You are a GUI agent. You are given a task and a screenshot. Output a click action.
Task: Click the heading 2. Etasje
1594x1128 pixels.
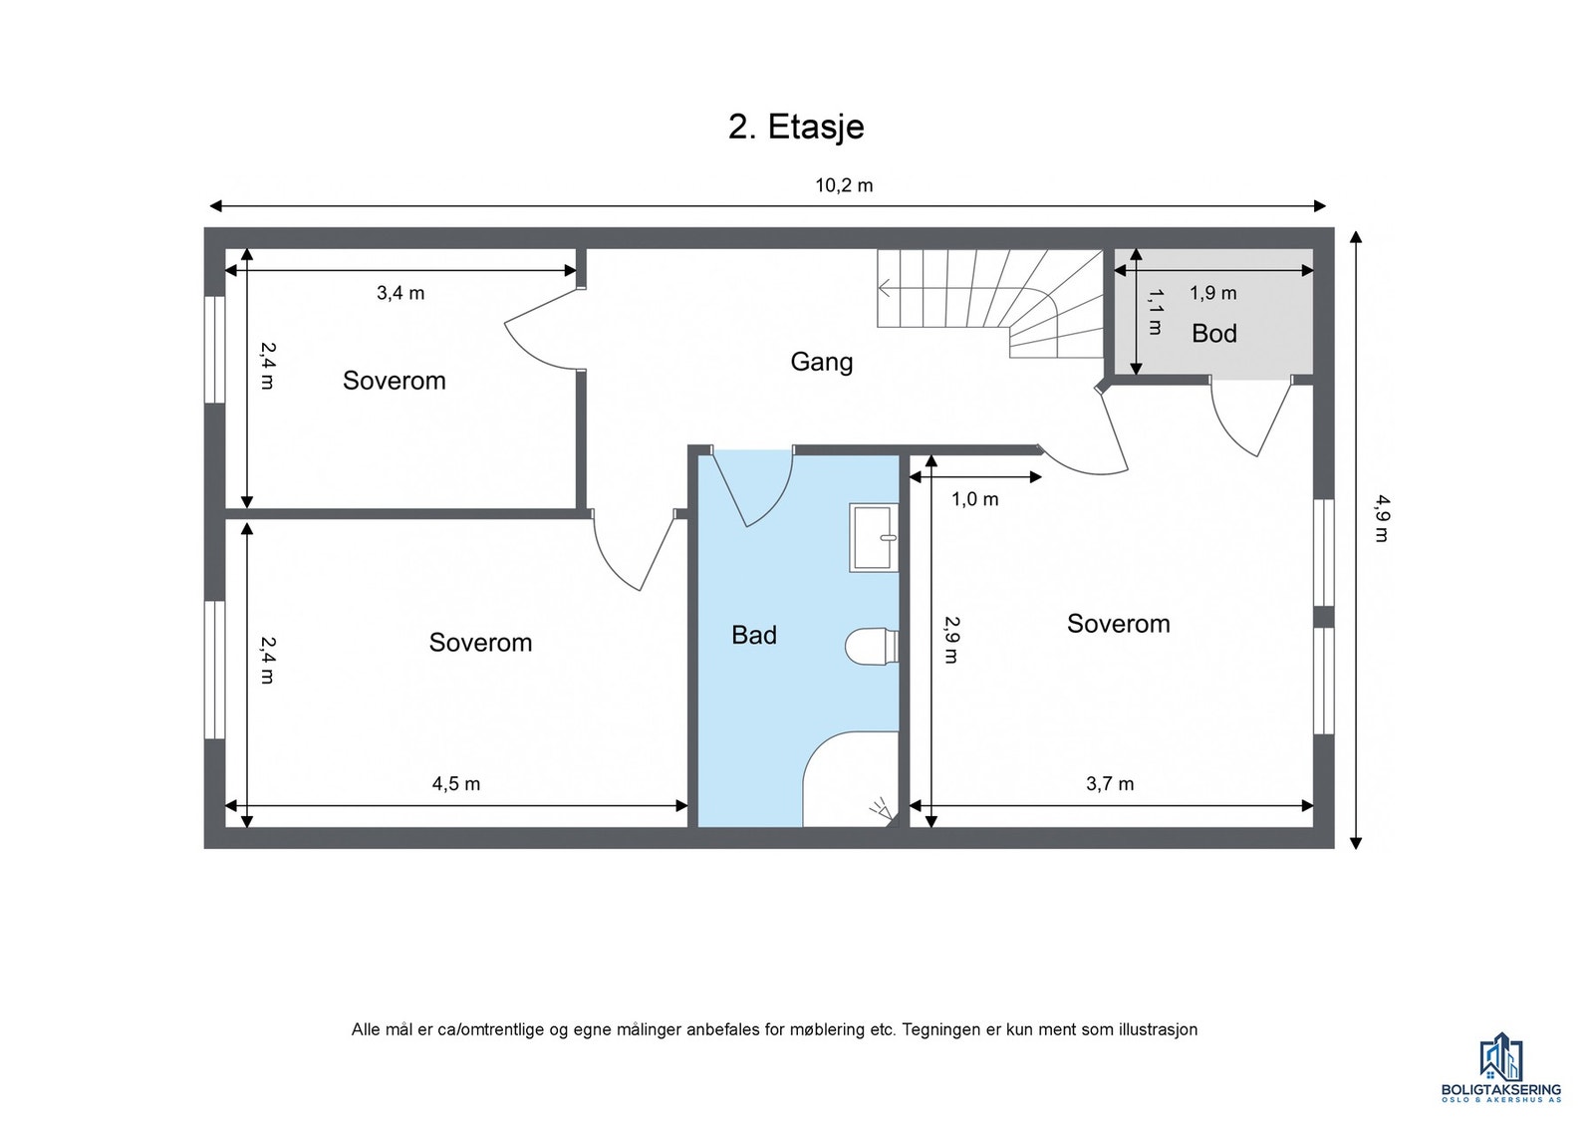click(796, 128)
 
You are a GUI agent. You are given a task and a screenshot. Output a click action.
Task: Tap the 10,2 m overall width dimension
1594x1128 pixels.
click(843, 185)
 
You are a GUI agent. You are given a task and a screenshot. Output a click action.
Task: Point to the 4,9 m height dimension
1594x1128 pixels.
click(1381, 518)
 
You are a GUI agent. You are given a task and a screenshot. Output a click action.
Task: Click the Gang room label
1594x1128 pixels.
click(821, 362)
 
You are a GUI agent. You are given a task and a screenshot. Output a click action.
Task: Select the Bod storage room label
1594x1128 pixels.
click(1214, 333)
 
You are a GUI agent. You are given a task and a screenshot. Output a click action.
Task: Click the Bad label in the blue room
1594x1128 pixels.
click(753, 635)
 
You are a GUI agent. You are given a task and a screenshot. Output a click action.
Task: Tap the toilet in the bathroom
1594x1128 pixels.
click(872, 646)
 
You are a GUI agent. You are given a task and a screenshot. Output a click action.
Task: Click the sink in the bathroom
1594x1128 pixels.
click(874, 537)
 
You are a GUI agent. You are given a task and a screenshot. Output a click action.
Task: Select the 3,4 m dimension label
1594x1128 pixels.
click(400, 293)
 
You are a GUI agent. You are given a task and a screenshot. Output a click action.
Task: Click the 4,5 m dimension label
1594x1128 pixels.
click(456, 784)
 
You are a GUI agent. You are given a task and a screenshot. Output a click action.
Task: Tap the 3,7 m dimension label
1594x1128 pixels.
click(1110, 784)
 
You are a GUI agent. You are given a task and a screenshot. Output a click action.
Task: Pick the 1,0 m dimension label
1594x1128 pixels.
click(975, 499)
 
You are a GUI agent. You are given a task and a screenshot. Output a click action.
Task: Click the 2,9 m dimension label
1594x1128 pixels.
click(951, 639)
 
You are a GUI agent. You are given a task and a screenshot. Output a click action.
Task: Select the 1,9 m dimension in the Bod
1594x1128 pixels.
click(1213, 293)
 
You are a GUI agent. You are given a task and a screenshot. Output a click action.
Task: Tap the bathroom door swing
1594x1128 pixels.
click(753, 488)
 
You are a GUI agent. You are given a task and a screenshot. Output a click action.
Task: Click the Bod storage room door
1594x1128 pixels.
click(1251, 418)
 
